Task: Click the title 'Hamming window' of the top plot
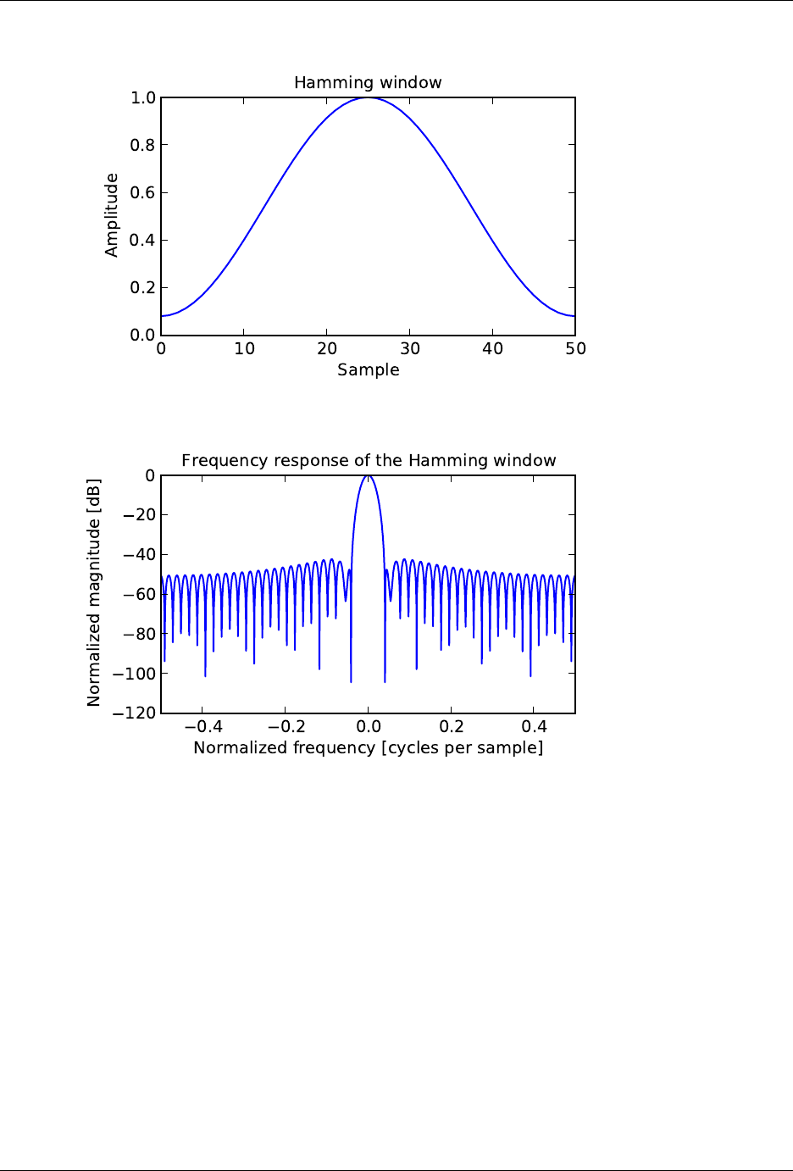click(x=368, y=82)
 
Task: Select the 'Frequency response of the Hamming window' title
click(x=369, y=460)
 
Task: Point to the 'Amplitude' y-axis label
click(x=112, y=215)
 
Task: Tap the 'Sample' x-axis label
click(x=368, y=369)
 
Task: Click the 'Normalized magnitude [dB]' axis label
click(x=94, y=593)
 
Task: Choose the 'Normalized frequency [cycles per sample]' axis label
click(x=368, y=747)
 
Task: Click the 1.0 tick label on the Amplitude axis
click(x=143, y=98)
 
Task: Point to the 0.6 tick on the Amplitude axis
click(x=143, y=192)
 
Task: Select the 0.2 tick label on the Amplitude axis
click(x=143, y=287)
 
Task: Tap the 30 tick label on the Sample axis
click(x=410, y=348)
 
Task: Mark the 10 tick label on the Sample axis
click(x=244, y=348)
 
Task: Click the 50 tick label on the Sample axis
click(x=575, y=348)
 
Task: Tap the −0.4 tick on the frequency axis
click(x=202, y=726)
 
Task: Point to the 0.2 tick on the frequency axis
click(x=452, y=726)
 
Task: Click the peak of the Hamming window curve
click(x=369, y=97)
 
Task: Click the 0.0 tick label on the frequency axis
click(x=369, y=726)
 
